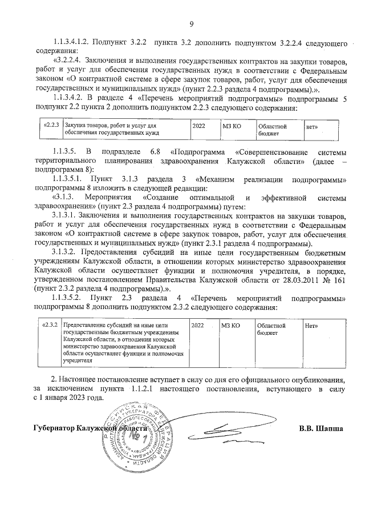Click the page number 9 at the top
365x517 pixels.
pos(192,23)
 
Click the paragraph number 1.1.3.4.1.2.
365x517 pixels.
pos(70,43)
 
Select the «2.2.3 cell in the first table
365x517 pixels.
pos(52,125)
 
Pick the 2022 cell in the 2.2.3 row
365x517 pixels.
pos(199,125)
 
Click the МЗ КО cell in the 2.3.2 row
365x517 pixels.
pos(230,324)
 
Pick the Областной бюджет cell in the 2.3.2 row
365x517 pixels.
pos(270,328)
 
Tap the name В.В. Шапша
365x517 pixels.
pos(321,428)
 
